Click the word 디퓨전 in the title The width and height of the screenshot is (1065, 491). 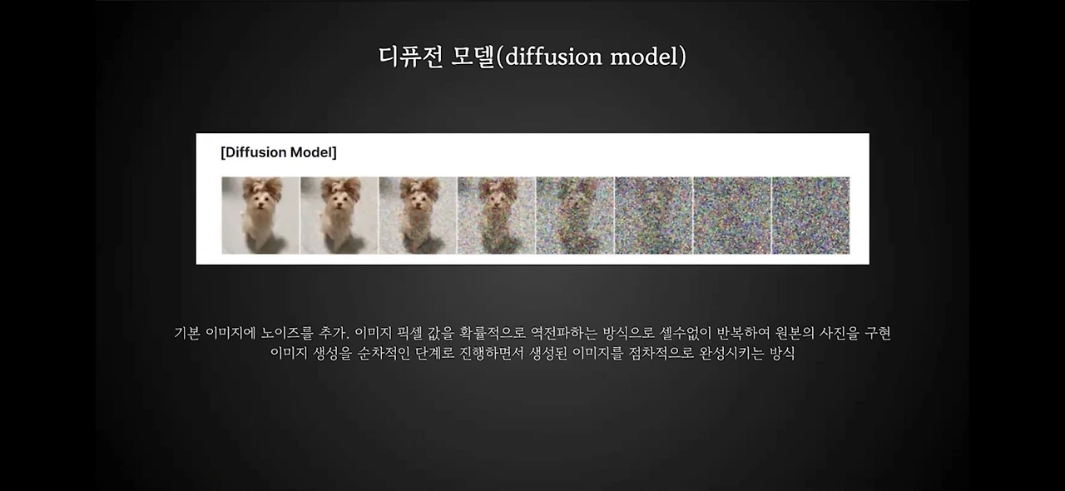click(x=411, y=57)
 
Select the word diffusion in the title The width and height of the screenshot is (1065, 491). click(x=553, y=57)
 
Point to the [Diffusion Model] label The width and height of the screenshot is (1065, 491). click(x=279, y=152)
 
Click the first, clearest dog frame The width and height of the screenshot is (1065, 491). click(x=260, y=215)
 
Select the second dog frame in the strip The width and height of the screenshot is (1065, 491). click(x=339, y=215)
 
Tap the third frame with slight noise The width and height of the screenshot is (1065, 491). click(x=418, y=215)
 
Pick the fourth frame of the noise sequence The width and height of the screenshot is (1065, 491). click(x=497, y=215)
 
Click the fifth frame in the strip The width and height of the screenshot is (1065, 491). click(x=575, y=215)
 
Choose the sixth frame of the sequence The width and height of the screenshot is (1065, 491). click(x=654, y=215)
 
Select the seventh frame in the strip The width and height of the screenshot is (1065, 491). click(x=732, y=215)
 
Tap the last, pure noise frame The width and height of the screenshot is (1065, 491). click(x=810, y=215)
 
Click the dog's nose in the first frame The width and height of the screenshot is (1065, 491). click(x=260, y=205)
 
